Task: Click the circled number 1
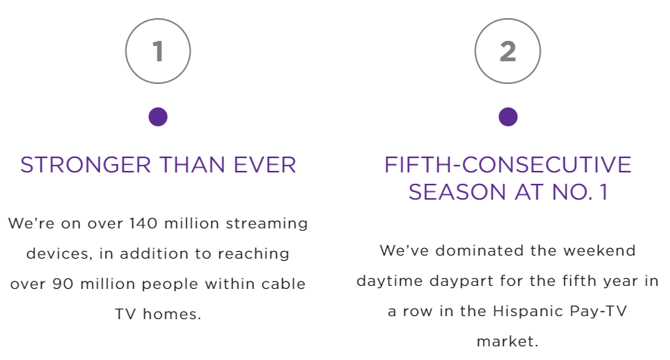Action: coord(158,51)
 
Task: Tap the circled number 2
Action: coord(507,51)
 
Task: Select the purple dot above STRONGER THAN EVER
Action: coord(158,116)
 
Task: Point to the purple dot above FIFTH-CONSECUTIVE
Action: coord(508,116)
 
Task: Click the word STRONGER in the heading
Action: coord(85,165)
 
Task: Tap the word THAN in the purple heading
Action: coord(192,165)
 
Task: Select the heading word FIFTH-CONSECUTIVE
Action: coord(507,165)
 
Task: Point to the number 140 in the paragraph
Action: coord(144,224)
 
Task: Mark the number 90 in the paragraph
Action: coord(63,284)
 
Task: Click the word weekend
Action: coord(600,250)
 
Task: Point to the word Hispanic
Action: coord(528,312)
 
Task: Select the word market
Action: coord(507,342)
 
